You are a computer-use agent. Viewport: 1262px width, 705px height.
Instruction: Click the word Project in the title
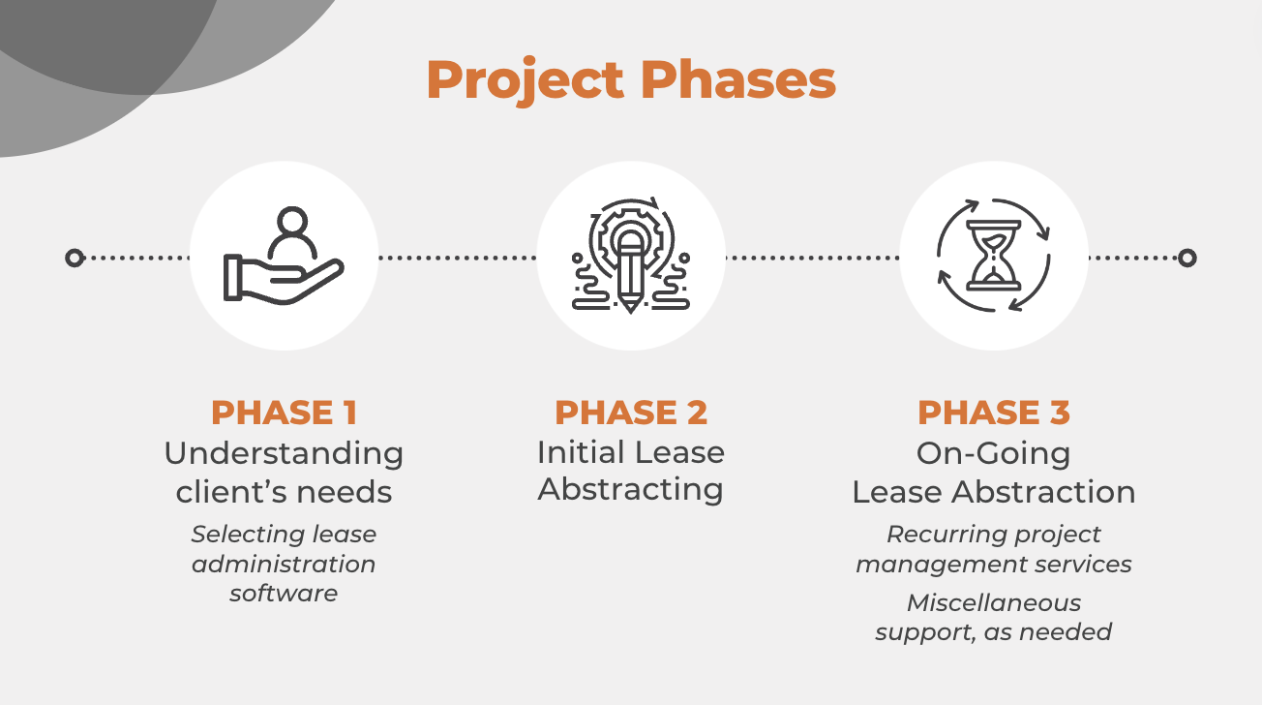point(526,80)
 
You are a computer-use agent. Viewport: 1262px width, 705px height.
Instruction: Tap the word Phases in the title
point(738,78)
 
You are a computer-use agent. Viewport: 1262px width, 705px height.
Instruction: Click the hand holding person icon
point(284,256)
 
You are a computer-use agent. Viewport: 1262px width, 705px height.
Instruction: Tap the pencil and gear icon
point(630,256)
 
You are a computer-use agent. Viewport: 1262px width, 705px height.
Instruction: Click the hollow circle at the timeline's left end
point(75,258)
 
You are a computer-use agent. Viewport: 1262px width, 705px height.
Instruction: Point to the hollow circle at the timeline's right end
point(1187,258)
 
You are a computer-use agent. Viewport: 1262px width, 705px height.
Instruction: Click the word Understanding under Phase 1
point(284,454)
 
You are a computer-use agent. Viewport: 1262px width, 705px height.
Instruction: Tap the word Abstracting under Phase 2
point(630,490)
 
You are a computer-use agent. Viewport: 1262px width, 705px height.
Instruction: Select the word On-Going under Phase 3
point(993,453)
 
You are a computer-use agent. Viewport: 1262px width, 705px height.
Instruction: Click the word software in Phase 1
point(284,593)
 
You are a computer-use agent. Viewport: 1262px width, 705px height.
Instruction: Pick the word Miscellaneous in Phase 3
point(994,602)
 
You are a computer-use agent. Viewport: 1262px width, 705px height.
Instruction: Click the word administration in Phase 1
point(284,564)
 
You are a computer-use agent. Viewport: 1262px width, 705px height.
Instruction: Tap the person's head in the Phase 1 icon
point(292,221)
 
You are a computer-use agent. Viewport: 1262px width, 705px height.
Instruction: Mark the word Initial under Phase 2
point(581,452)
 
